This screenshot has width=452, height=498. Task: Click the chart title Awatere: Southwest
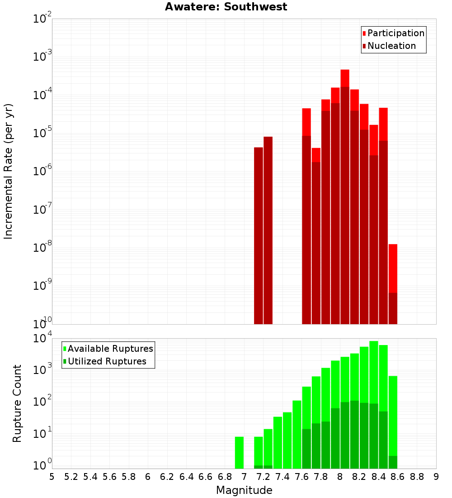226,7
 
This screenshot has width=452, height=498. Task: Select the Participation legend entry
395,33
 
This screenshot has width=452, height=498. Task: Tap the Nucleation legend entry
391,46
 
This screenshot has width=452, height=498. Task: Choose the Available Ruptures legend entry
110,349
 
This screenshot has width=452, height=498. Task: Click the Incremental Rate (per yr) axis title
8,171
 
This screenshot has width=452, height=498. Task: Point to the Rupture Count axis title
17,403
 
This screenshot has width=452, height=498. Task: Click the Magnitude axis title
244,490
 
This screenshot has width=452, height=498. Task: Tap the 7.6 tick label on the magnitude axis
301,477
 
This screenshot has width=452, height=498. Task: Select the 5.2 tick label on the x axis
71,477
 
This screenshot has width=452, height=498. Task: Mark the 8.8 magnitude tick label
417,477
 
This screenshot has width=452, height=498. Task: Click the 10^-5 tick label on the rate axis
42,134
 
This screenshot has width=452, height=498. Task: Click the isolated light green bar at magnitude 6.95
239,452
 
